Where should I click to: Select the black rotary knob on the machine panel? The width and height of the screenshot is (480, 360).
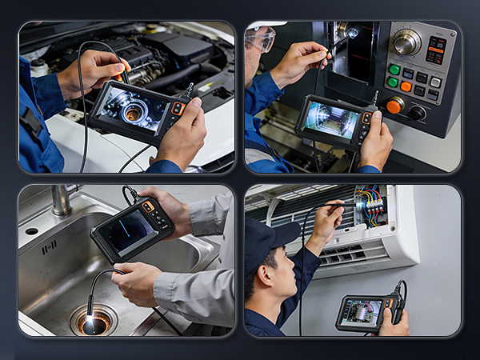pos(417,113)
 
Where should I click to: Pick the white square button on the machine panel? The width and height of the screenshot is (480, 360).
pos(435,82)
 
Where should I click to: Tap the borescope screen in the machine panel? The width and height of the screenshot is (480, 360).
pos(330,120)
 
